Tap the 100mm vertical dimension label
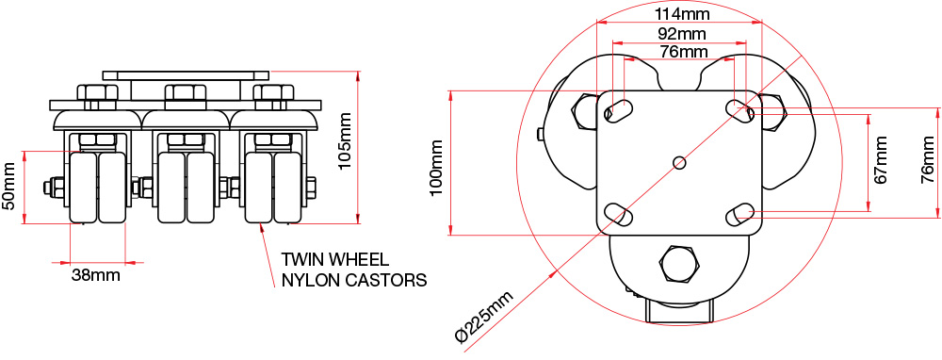tap(436, 168)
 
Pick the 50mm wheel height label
tap(9, 185)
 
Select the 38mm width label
tap(95, 276)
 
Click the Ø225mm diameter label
tap(485, 316)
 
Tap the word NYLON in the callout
tap(312, 280)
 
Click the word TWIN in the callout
tap(301, 259)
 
